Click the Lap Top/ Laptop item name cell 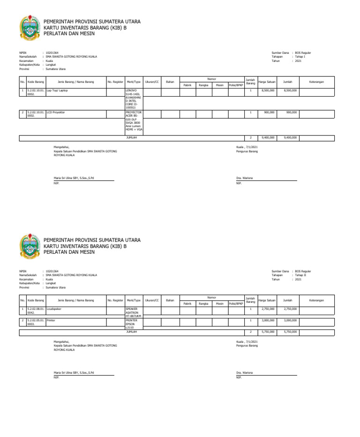coord(75,90)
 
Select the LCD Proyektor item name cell coord(75,113)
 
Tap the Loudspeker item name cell coord(75,309)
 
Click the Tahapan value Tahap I coord(300,57)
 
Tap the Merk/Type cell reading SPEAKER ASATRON coord(133,312)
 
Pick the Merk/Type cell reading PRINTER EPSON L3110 coord(133,324)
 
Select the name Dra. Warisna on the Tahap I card coord(246,179)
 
